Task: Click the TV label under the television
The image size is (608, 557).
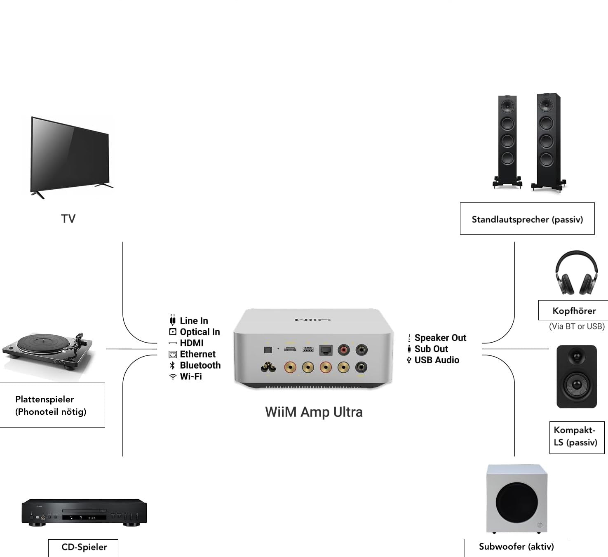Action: [68, 219]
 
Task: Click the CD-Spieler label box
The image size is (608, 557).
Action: [84, 547]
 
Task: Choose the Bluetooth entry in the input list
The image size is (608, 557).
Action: [200, 365]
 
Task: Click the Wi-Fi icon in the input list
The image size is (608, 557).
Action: [173, 376]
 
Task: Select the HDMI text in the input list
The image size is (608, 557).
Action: [192, 343]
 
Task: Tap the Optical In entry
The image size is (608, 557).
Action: [200, 332]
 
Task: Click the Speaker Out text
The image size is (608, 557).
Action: [440, 338]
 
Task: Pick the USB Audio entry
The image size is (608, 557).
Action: [437, 360]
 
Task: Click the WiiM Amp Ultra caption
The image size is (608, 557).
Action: [314, 412]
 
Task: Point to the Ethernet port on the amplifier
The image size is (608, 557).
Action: [326, 350]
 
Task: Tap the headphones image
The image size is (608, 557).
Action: [576, 273]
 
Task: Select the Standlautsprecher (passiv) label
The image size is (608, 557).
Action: [527, 219]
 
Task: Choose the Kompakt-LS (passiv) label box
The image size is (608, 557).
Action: [576, 437]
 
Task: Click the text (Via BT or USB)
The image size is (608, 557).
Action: [577, 327]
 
